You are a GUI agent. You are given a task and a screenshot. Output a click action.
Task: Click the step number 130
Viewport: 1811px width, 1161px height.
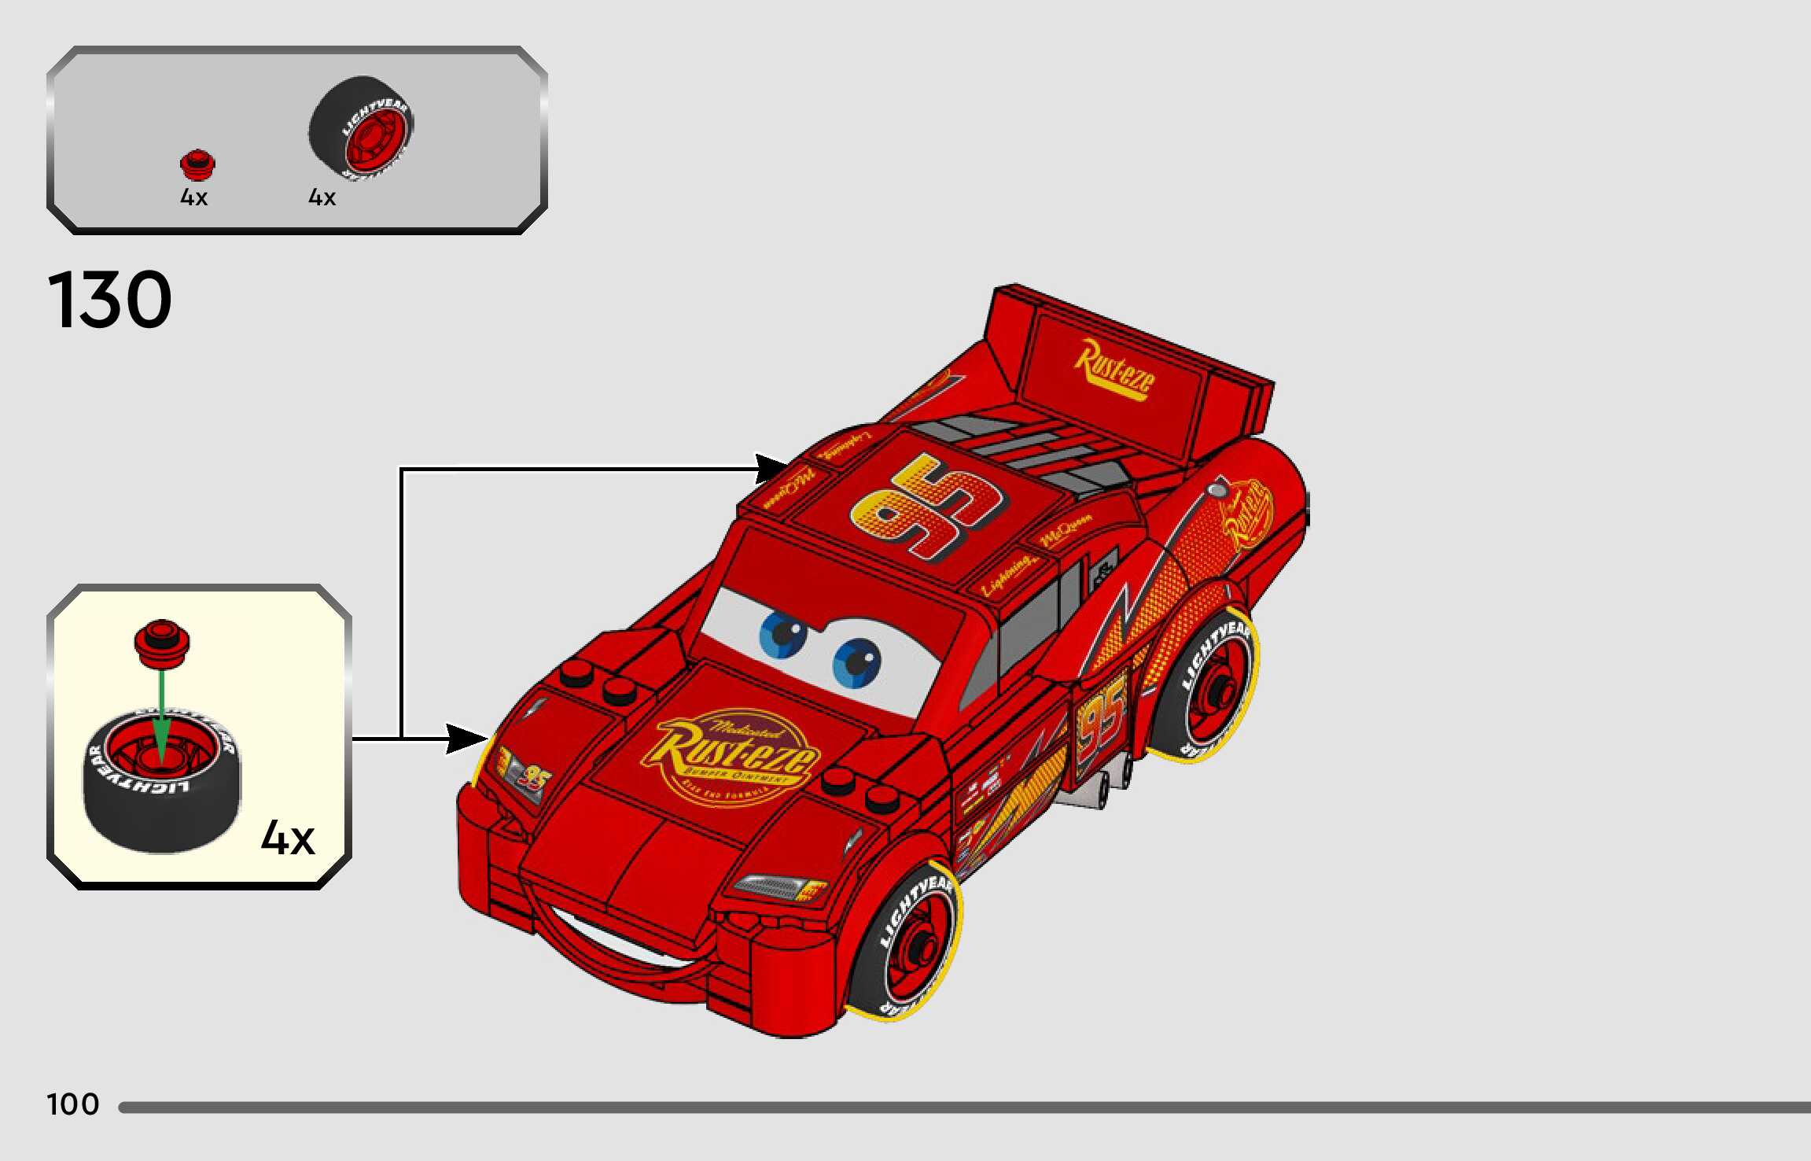click(109, 300)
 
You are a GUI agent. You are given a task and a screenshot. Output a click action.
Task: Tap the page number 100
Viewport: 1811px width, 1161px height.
click(73, 1104)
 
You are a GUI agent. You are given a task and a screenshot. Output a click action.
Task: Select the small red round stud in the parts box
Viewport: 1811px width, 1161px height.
click(197, 164)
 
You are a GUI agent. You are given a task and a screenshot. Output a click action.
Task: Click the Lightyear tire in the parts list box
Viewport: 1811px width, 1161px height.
click(362, 126)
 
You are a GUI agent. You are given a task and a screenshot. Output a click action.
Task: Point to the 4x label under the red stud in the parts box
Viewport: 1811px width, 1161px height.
click(193, 197)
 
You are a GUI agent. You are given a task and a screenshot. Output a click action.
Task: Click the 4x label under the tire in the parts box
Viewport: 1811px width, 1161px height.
click(322, 197)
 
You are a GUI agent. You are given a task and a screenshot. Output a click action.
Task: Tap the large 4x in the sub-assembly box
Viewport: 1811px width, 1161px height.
click(288, 838)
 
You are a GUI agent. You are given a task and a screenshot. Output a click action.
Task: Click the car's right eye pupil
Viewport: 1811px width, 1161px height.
click(857, 661)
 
